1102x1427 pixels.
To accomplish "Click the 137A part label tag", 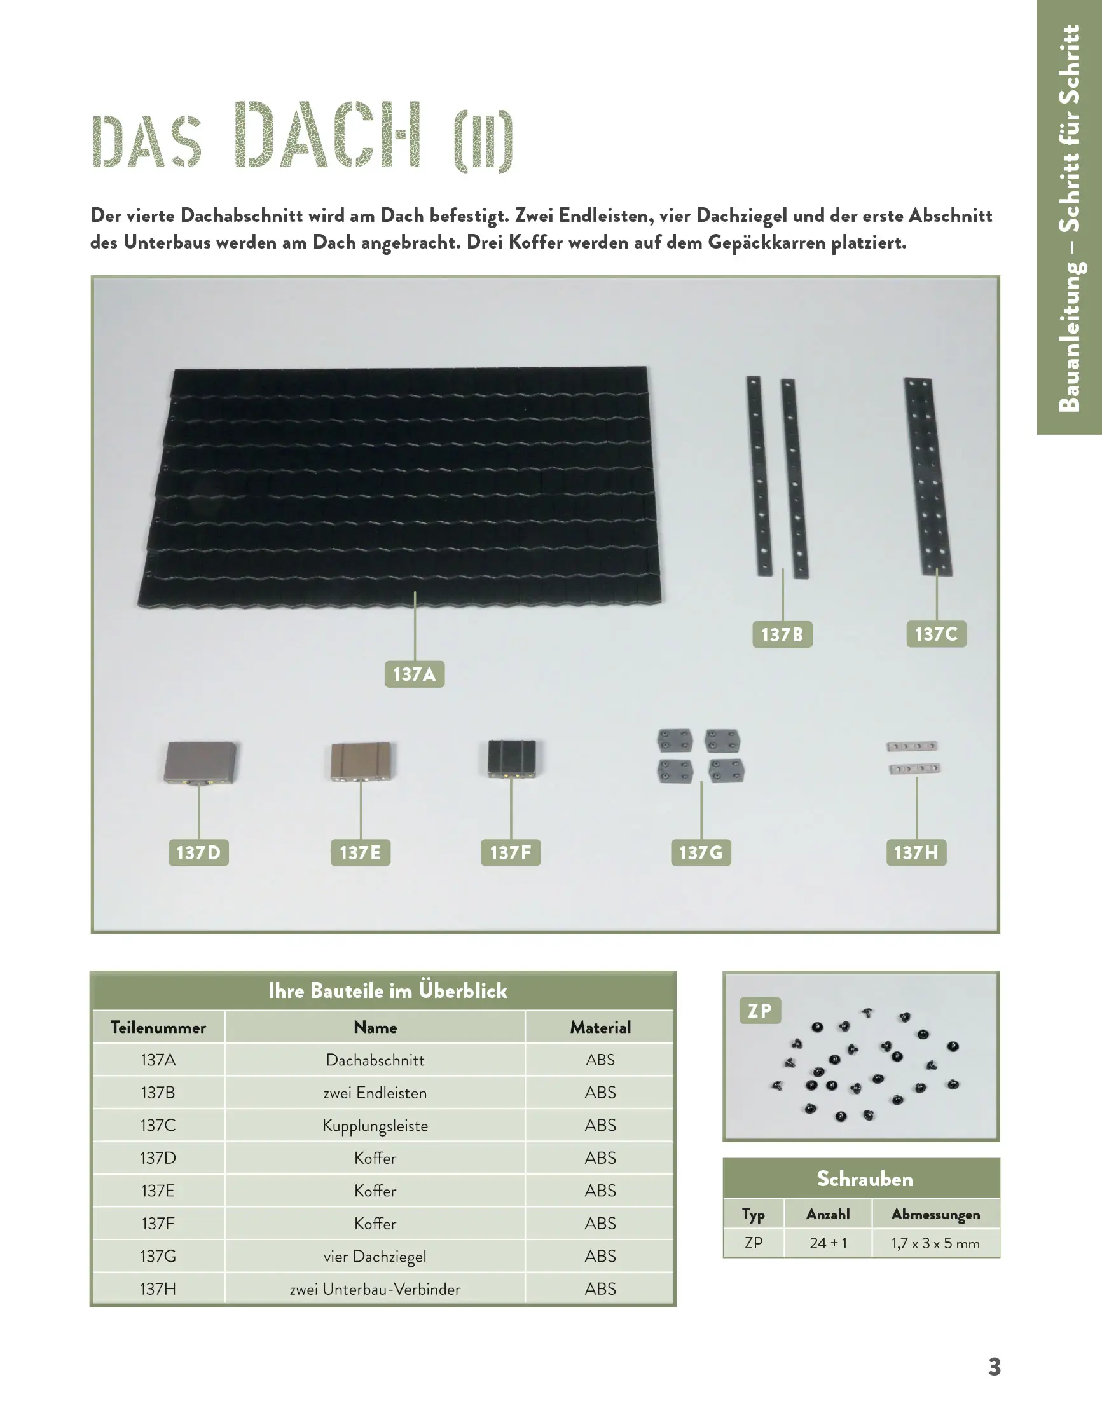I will tap(415, 674).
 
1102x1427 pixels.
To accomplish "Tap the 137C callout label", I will tap(936, 634).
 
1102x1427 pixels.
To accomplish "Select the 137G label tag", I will tap(701, 852).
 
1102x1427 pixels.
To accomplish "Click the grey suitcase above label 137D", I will tap(201, 762).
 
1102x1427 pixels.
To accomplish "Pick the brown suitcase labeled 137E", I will tap(361, 761).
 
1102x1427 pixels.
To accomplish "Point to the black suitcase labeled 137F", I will tap(512, 758).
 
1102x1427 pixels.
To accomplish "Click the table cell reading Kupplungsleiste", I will tap(375, 1125).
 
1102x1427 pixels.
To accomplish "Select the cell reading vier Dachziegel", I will tap(375, 1256).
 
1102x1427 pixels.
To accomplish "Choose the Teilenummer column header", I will tap(158, 1027).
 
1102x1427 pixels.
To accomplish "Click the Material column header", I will tap(600, 1027).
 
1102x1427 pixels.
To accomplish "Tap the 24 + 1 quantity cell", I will tap(828, 1243).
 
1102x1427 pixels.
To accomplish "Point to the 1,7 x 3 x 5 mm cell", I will tap(935, 1243).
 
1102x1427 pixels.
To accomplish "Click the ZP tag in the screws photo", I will tap(759, 1011).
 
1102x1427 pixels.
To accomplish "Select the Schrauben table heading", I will tap(865, 1178).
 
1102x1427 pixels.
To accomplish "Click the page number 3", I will tap(994, 1367).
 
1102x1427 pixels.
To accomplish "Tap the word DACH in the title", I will tap(327, 135).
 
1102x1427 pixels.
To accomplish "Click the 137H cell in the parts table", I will tap(158, 1288).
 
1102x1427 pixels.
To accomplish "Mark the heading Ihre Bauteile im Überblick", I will tap(388, 990).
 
